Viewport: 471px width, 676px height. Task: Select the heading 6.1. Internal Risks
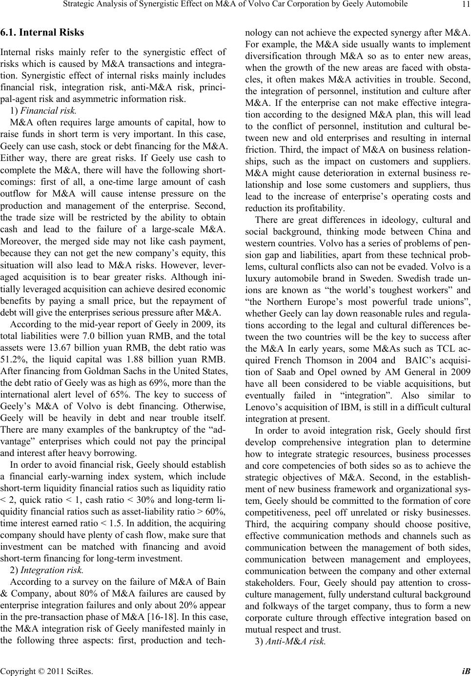click(x=42, y=33)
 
